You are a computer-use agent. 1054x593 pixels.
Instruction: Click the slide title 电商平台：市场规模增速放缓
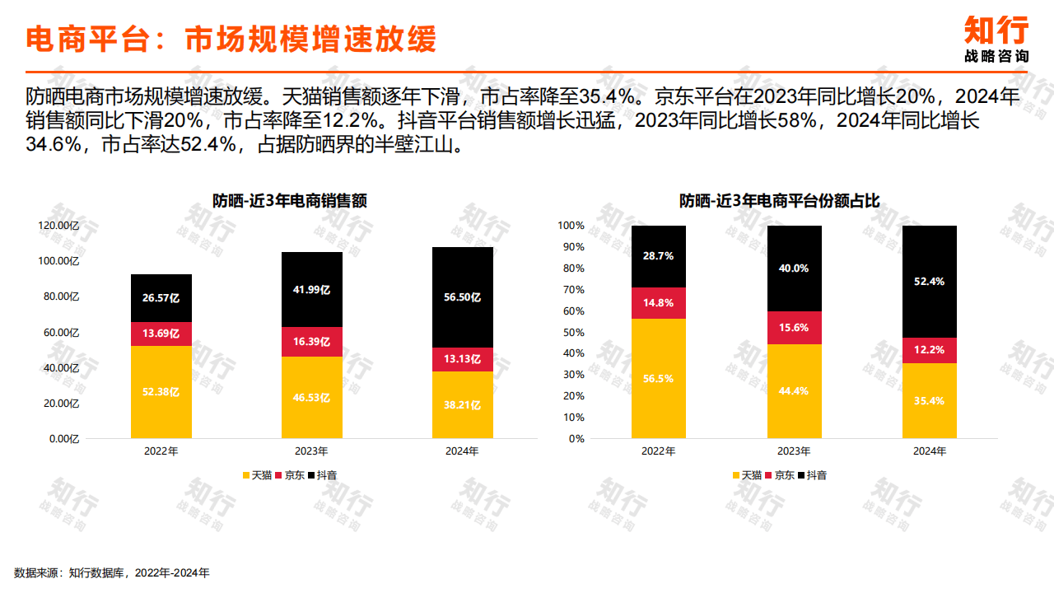(x=231, y=39)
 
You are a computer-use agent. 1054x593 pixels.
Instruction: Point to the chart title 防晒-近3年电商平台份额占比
(x=779, y=200)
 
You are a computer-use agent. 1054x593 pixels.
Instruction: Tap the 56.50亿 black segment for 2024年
(x=462, y=297)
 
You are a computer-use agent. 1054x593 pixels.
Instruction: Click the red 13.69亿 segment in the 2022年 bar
(x=161, y=334)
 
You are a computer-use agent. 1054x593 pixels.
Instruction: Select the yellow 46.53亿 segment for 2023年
(x=311, y=397)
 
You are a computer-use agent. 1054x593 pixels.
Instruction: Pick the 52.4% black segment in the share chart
(x=930, y=282)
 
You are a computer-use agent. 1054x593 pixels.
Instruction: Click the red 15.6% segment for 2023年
(x=794, y=327)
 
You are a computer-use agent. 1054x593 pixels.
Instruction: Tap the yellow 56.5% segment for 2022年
(x=659, y=379)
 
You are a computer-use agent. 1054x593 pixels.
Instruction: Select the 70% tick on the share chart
(x=571, y=290)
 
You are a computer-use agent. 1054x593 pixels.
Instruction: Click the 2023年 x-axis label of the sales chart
(x=311, y=451)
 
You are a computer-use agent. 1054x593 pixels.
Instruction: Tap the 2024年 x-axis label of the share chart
(x=930, y=451)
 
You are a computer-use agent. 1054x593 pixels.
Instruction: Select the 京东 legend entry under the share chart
(x=781, y=475)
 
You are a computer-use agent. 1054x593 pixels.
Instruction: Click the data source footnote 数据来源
(x=112, y=572)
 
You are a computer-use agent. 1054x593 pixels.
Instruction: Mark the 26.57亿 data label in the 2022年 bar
(x=161, y=297)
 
